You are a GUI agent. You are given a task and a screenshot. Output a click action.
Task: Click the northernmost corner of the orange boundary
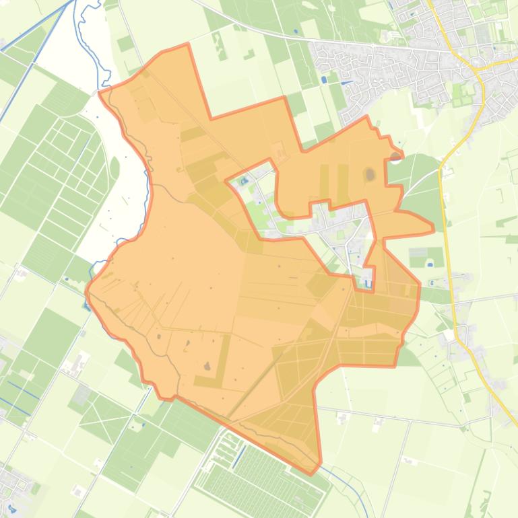187,44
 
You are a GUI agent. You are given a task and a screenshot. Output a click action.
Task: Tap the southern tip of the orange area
311,473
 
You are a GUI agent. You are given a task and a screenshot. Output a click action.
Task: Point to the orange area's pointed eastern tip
433,229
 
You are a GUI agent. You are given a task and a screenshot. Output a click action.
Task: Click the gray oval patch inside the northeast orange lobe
370,175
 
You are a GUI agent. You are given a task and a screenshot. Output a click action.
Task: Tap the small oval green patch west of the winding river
115,166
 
